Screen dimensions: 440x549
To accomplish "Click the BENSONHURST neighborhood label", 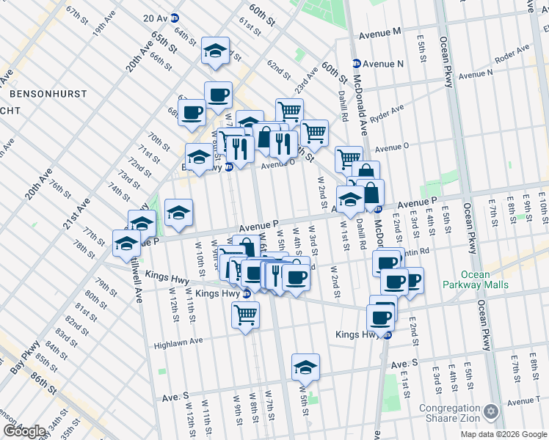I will tap(48, 95).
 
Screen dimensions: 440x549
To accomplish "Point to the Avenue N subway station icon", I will tap(357, 64).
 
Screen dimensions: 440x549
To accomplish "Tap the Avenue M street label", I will tap(379, 34).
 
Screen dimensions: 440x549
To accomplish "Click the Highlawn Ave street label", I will tap(178, 342).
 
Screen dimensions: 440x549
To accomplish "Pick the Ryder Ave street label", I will tap(387, 113).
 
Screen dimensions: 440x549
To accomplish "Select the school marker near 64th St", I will tap(215, 51).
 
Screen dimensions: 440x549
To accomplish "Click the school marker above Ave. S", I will tap(305, 367).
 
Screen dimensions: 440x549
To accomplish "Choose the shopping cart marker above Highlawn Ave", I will tap(245, 315).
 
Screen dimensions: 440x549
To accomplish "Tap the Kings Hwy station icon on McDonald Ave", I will tap(387, 335).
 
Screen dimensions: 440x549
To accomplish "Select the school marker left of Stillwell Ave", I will tap(127, 243).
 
